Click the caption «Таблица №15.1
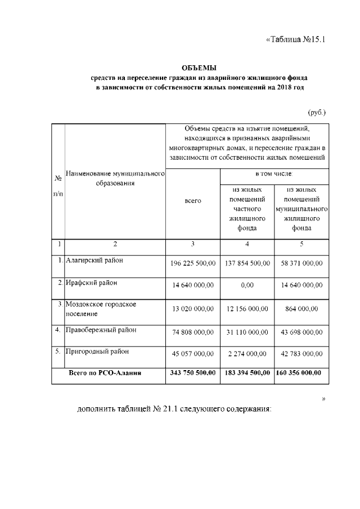coord(295,39)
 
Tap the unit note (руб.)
coord(317,112)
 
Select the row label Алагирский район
coord(94,260)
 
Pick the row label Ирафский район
coord(91,282)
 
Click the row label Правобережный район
coord(101,330)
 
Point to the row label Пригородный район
coord(97,352)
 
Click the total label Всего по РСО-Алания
coord(105,373)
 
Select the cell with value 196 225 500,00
coord(192,263)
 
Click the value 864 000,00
coord(302,308)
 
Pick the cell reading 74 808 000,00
coord(192,332)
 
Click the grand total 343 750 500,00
coord(192,373)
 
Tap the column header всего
coord(192,201)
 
